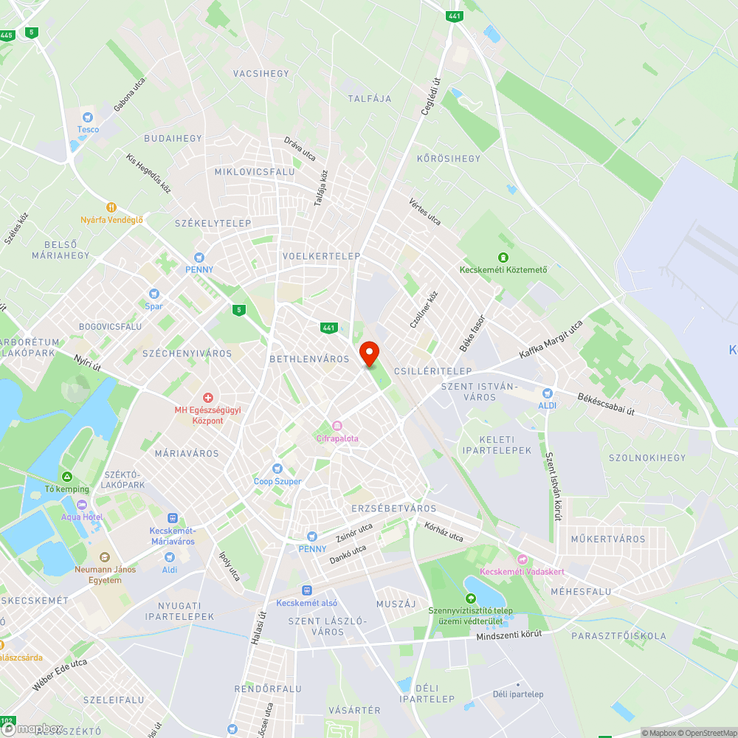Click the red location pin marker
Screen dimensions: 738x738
point(368,353)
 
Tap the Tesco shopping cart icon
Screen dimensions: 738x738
point(88,117)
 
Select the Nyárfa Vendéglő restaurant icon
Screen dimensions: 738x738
point(111,207)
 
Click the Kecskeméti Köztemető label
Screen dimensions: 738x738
point(504,269)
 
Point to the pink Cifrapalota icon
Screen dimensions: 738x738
point(337,426)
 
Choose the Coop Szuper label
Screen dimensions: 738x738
point(277,481)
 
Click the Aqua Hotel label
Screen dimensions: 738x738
point(82,517)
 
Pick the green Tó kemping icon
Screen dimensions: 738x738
point(67,477)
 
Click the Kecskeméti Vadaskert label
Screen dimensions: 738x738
point(522,571)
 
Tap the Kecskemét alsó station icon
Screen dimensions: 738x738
point(306,590)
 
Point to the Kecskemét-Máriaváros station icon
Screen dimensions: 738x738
point(172,519)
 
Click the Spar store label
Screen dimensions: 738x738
point(154,306)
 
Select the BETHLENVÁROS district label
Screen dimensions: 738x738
point(309,359)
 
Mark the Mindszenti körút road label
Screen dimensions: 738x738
point(509,635)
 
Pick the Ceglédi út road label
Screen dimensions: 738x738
point(430,96)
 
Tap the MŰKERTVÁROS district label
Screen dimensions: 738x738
point(607,539)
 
